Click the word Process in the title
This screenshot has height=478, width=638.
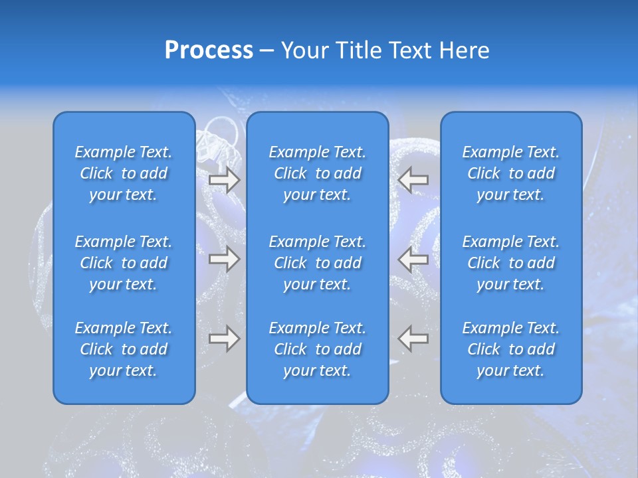209,50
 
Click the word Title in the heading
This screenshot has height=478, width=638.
357,50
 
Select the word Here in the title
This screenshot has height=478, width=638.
465,50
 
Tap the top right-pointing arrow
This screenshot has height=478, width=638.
224,179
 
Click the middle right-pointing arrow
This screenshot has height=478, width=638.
224,260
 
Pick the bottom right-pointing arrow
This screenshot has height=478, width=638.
224,339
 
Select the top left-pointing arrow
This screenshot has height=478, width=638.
413,179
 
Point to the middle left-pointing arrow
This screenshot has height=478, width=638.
413,260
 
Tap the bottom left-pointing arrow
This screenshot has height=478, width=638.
413,339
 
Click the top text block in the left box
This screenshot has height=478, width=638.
124,173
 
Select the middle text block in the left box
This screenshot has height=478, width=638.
124,263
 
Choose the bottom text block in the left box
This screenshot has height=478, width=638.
124,349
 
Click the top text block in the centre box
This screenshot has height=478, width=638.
317,173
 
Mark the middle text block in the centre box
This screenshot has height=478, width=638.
317,263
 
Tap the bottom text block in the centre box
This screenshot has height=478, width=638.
317,349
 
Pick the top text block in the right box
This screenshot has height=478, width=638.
511,173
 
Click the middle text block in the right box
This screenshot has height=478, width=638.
511,263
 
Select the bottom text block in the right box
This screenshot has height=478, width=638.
511,349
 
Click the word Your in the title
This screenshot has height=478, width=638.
304,50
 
